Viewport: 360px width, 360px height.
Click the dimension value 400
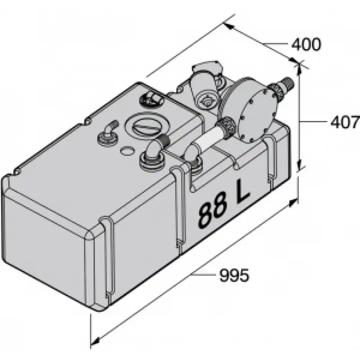(306, 44)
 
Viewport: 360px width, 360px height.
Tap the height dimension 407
(345, 121)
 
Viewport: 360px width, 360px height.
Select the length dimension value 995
(234, 275)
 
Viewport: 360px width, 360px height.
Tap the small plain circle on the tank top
(126, 151)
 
